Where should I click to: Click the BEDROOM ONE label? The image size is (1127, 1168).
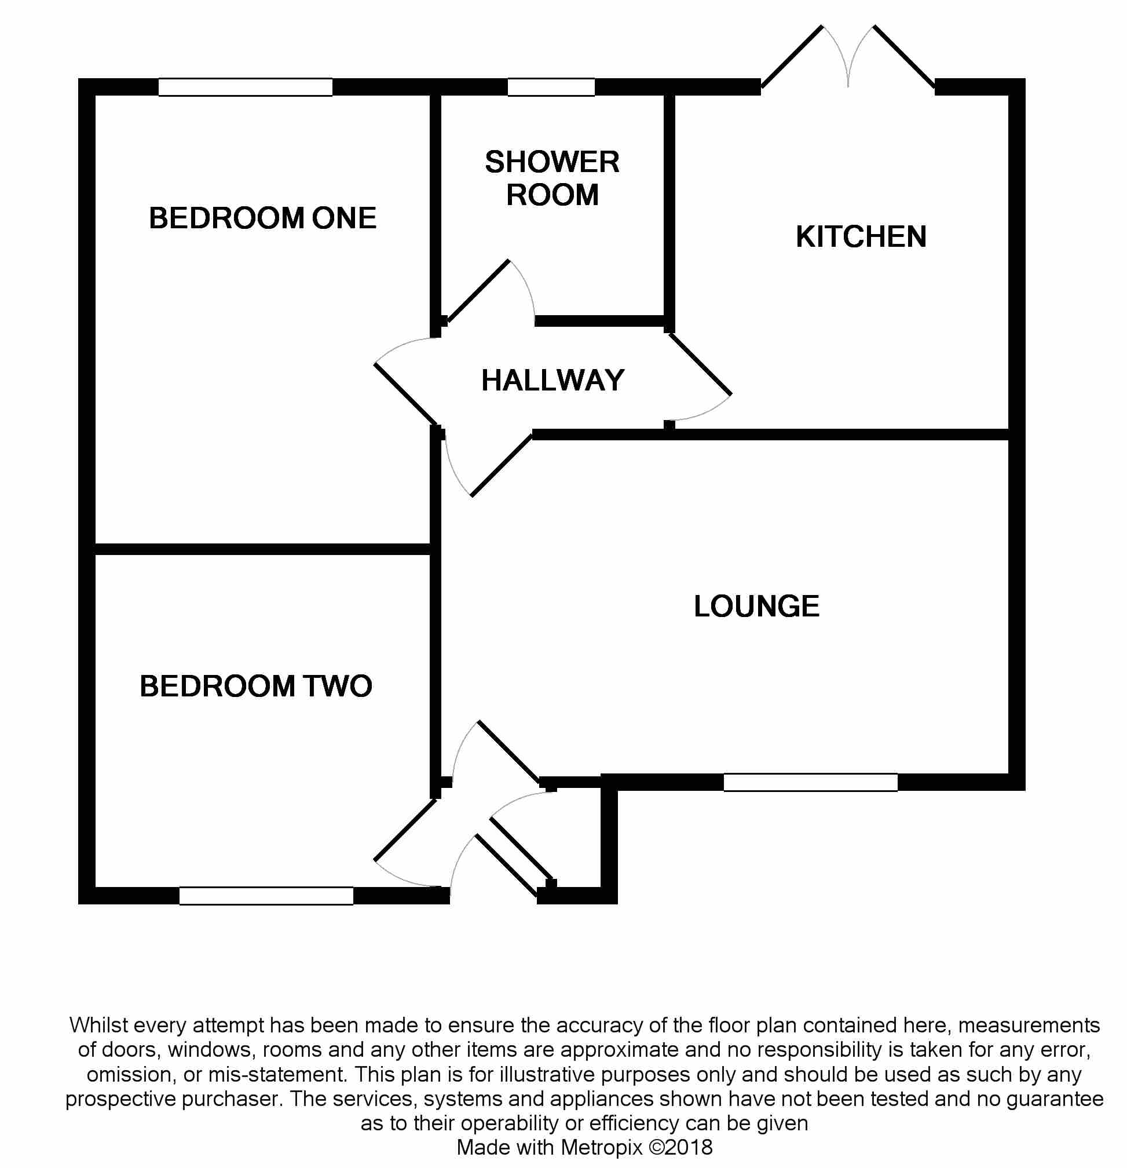point(263,218)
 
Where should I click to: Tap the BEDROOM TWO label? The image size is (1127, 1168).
point(256,686)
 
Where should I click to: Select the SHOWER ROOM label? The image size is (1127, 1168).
point(552,178)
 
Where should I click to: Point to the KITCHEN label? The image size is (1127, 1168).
point(861,236)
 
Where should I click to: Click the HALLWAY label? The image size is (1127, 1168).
point(552,380)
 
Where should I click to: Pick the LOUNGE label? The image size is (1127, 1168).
point(756,606)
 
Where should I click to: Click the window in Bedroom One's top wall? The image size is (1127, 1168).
point(246,87)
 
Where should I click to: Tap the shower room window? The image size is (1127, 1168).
point(551,87)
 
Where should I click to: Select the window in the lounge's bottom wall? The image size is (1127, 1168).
point(811,783)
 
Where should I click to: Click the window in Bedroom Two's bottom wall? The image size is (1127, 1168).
point(266,896)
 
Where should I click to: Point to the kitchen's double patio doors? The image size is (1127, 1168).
point(848,57)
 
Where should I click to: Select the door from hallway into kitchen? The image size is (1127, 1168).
point(701,363)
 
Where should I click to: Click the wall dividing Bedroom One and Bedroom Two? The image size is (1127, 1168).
point(263,549)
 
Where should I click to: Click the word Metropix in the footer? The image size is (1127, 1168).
point(602,1147)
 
